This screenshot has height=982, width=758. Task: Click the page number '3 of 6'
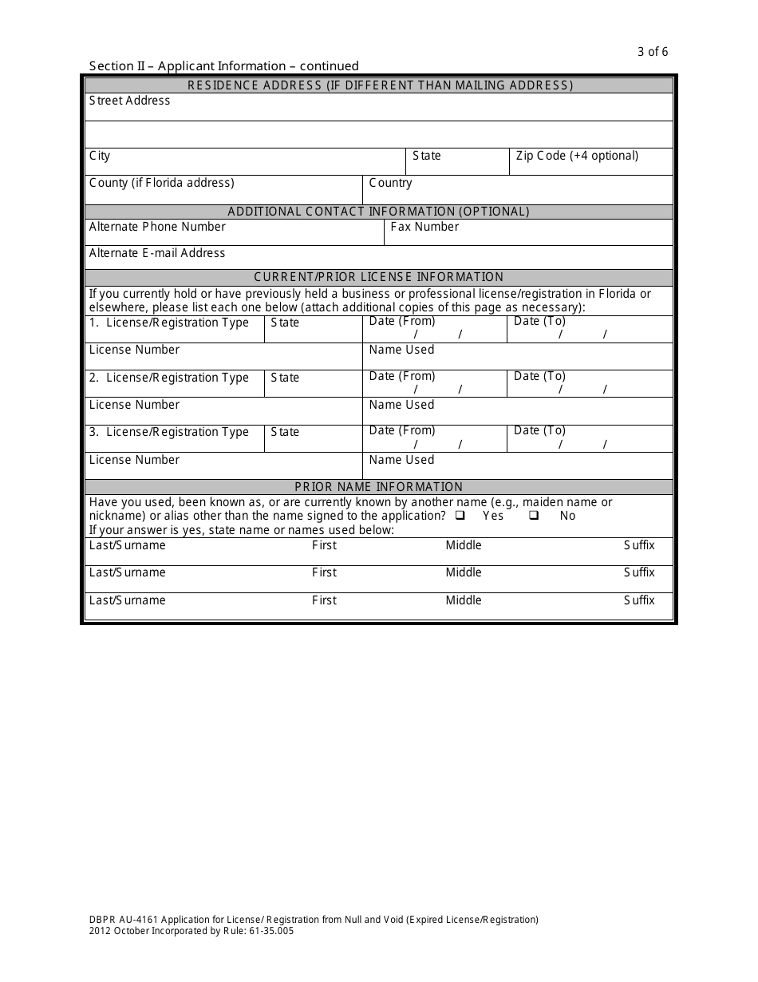pos(653,52)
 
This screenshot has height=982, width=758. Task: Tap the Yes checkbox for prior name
pos(460,516)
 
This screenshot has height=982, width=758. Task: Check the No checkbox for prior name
pos(534,516)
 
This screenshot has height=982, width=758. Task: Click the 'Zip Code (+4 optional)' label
pos(577,156)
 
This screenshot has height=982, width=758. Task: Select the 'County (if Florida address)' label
pos(162,183)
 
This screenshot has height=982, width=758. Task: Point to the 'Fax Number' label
pos(424,227)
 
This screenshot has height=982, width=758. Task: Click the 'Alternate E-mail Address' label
pos(157,253)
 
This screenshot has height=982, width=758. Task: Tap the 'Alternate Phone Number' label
pos(157,227)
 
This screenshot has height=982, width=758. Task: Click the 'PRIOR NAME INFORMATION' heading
pos(379,486)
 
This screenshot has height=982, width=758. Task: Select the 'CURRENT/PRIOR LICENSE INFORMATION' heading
pos(379,277)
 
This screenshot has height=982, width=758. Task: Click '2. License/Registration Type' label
pos(169,378)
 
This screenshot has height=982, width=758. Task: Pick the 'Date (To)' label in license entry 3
pos(539,430)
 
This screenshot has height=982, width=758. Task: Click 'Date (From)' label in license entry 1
pos(402,321)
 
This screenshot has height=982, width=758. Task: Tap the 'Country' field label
pos(390,183)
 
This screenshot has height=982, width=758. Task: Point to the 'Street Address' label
pos(129,101)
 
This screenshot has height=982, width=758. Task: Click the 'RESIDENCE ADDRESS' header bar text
pos(379,85)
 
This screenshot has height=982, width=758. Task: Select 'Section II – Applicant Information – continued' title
pos(224,66)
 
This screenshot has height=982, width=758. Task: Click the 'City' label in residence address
pos(100,156)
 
